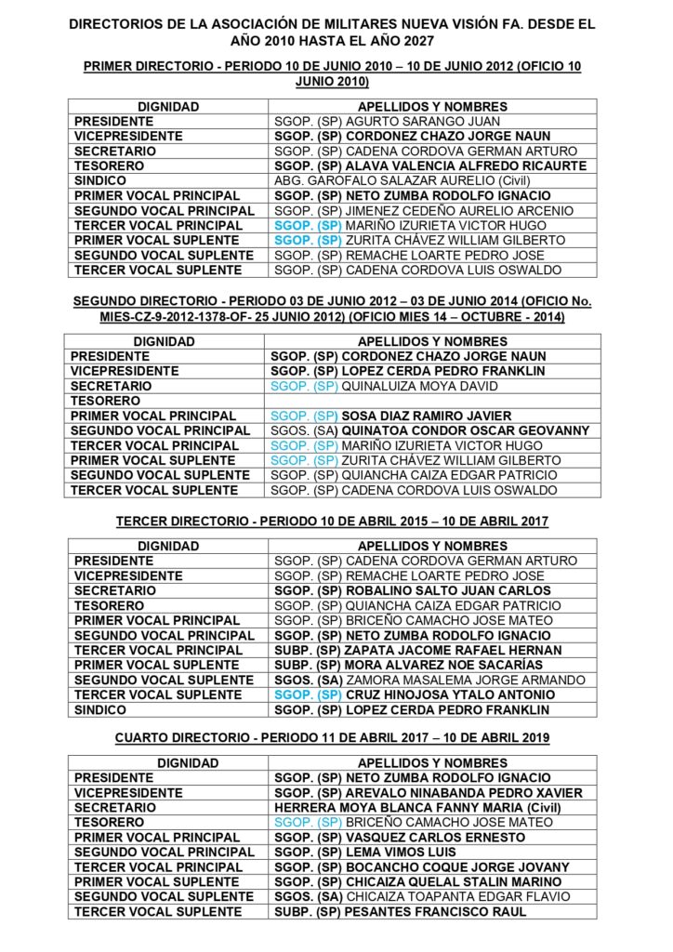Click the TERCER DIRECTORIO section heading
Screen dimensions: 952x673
point(332,522)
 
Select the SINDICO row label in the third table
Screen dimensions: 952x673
point(100,709)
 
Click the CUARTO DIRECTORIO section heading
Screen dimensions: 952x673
point(332,738)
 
